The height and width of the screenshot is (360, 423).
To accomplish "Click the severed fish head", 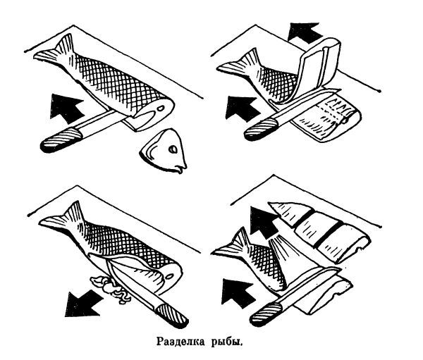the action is pos(165,151).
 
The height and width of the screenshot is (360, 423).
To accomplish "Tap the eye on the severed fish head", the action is pos(172,149).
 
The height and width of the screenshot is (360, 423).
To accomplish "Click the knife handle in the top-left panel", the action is pos(61,139).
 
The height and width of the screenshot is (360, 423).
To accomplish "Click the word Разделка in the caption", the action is pos(180,342).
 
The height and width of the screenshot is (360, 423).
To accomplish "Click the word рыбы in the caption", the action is pos(227,342).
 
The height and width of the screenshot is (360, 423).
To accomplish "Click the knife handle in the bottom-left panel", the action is pos(171,316).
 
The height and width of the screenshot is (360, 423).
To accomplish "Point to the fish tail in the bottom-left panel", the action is pos(61,218).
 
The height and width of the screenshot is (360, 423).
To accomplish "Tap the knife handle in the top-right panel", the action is pos(261,130).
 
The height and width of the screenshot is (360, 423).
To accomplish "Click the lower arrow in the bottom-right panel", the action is pos(238,292).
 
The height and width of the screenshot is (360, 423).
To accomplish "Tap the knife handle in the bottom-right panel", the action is pos(266,314).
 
